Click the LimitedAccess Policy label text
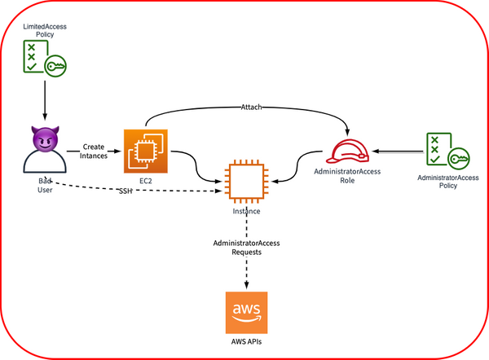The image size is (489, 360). pyautogui.click(x=45, y=31)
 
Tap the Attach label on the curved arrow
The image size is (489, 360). pyautogui.click(x=252, y=107)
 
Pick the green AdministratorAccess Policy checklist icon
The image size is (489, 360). pyautogui.click(x=444, y=150)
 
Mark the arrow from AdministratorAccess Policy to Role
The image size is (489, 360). pyautogui.click(x=399, y=151)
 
